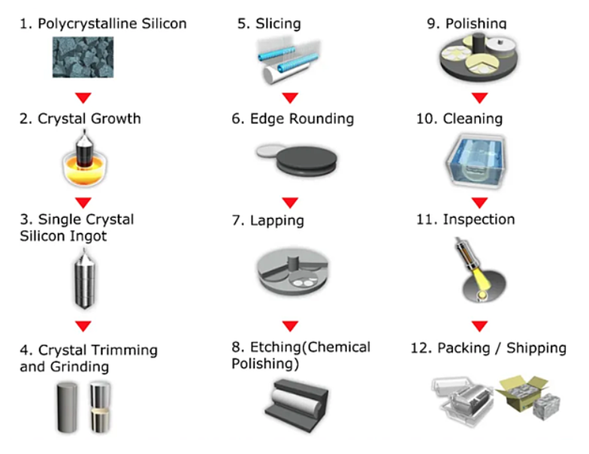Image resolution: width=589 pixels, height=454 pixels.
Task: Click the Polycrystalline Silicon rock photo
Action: (x=83, y=57)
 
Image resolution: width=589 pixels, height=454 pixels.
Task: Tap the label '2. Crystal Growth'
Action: (x=80, y=119)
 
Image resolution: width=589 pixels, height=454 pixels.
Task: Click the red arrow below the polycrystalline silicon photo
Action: (x=83, y=98)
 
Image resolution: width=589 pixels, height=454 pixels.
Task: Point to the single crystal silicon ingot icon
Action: (x=84, y=279)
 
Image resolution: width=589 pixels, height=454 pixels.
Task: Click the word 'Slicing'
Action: (x=278, y=24)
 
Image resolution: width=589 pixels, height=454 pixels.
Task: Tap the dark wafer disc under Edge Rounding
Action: (x=307, y=161)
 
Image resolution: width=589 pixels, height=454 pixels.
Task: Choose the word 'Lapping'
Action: (x=276, y=221)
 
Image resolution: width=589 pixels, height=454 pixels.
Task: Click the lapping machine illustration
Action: (x=292, y=271)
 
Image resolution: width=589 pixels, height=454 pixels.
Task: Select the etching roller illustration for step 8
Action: (x=297, y=404)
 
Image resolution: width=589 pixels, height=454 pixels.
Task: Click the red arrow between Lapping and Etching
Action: (x=290, y=326)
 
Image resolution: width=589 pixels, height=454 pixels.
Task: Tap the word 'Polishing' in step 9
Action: (x=476, y=23)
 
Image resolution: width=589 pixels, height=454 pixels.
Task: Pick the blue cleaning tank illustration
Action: (x=476, y=161)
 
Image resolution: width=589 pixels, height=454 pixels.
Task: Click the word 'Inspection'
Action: (x=479, y=219)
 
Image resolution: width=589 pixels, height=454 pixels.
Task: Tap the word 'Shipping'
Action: (x=536, y=349)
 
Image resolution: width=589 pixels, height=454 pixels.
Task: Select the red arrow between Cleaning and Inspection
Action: (x=479, y=203)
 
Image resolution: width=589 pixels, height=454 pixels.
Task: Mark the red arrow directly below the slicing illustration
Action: (x=290, y=98)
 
